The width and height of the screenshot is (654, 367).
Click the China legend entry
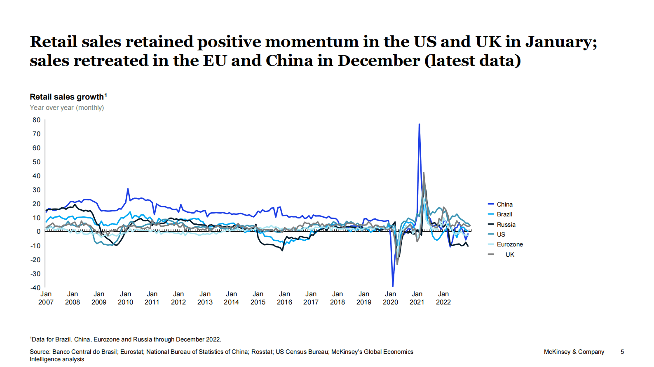pos(504,204)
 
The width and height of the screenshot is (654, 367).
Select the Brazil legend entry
pos(504,214)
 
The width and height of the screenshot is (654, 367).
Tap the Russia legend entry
pos(506,225)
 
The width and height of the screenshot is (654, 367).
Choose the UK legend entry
pos(510,255)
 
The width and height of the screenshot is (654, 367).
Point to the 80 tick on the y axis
pos(37,120)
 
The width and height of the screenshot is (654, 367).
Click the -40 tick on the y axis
pos(36,288)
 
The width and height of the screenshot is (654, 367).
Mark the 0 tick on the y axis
pos(39,232)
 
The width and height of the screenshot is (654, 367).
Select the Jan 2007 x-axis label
pos(46,298)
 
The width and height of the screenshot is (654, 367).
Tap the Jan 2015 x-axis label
pos(258,298)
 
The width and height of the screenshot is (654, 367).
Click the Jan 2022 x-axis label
pos(443,298)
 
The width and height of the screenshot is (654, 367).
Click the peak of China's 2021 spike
pos(419,124)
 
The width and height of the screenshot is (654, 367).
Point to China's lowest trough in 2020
pos(393,286)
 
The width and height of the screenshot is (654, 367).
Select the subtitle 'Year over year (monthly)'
pos(67,108)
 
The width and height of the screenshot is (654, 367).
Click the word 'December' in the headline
pos(379,60)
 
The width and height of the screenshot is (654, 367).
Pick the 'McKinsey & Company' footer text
pos(574,352)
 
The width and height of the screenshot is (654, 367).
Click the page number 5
pos(622,352)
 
